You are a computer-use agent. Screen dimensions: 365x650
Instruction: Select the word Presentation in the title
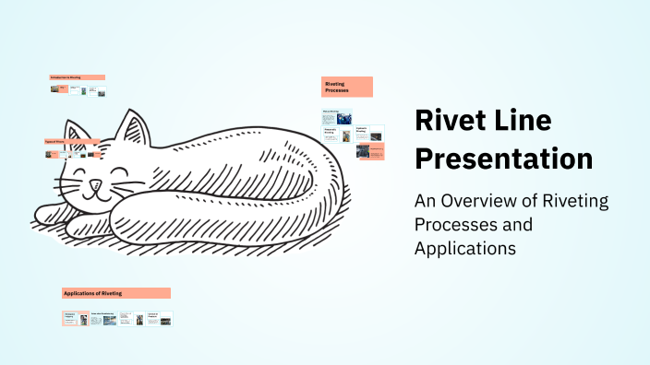[503, 158]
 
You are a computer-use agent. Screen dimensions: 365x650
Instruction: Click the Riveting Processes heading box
[347, 88]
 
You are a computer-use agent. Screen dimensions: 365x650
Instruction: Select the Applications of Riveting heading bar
[116, 293]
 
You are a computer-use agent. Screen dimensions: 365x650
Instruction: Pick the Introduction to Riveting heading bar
[78, 77]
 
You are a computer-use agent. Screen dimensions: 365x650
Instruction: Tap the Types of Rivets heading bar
[71, 142]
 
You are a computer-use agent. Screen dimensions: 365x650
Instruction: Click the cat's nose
[92, 183]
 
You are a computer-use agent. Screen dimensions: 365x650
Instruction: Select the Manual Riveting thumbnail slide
[336, 117]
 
